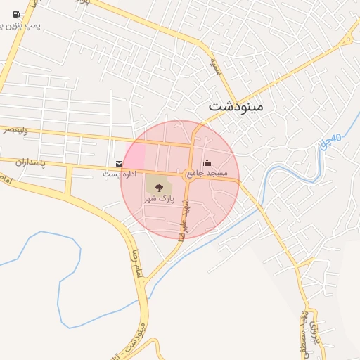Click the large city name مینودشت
click(x=236, y=107)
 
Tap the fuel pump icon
click(x=15, y=13)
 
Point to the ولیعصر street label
click(x=15, y=129)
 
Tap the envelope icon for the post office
click(x=118, y=163)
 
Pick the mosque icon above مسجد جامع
click(x=207, y=163)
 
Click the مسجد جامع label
click(x=207, y=173)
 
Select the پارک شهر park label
click(x=159, y=199)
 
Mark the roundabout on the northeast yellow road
click(x=346, y=40)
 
